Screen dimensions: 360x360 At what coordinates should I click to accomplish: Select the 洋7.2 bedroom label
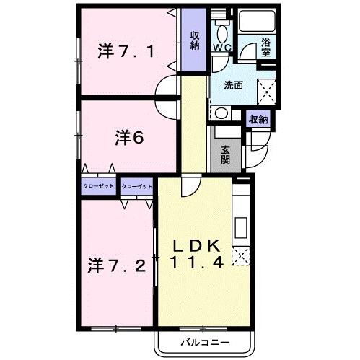pyautogui.click(x=120, y=264)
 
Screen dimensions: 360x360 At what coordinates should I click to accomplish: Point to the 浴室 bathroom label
pyautogui.click(x=266, y=48)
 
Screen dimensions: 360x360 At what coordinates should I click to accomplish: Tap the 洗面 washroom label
pyautogui.click(x=232, y=85)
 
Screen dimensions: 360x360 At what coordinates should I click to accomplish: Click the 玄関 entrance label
pyautogui.click(x=226, y=154)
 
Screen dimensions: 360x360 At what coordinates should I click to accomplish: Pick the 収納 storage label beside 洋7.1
pyautogui.click(x=195, y=39)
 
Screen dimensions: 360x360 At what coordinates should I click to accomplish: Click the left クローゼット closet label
pyautogui.click(x=99, y=187)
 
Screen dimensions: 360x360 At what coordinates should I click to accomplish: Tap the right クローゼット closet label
pyautogui.click(x=137, y=187)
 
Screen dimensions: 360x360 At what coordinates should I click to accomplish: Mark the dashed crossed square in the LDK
pyautogui.click(x=240, y=254)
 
